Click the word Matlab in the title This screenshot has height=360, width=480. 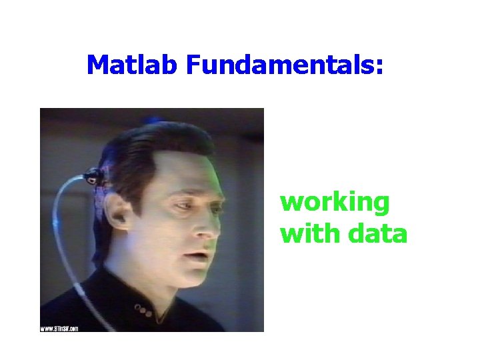(133, 65)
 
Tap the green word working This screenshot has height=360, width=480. (335, 202)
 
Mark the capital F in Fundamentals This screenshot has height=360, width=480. (193, 65)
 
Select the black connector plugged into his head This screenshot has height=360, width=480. (92, 177)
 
